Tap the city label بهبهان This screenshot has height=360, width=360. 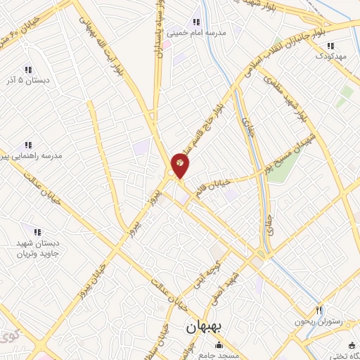pos(204,328)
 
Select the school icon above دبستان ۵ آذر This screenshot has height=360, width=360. pos(28,70)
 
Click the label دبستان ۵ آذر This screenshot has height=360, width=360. pos(27,82)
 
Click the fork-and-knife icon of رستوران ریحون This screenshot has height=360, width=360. pos(319,310)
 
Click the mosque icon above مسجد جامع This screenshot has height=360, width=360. pos(219,345)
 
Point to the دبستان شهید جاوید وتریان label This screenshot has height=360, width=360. pos(37,248)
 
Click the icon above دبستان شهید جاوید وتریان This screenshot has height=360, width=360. pos(37,231)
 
